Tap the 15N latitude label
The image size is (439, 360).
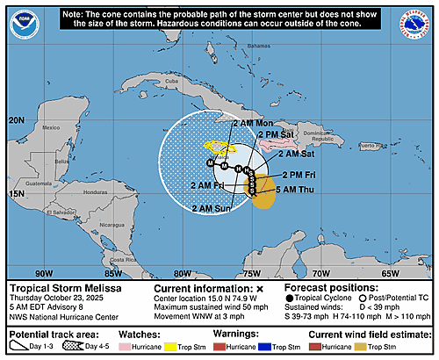(17, 193)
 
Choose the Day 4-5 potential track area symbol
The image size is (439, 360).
(94, 344)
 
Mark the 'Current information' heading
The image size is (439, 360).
(202, 287)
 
